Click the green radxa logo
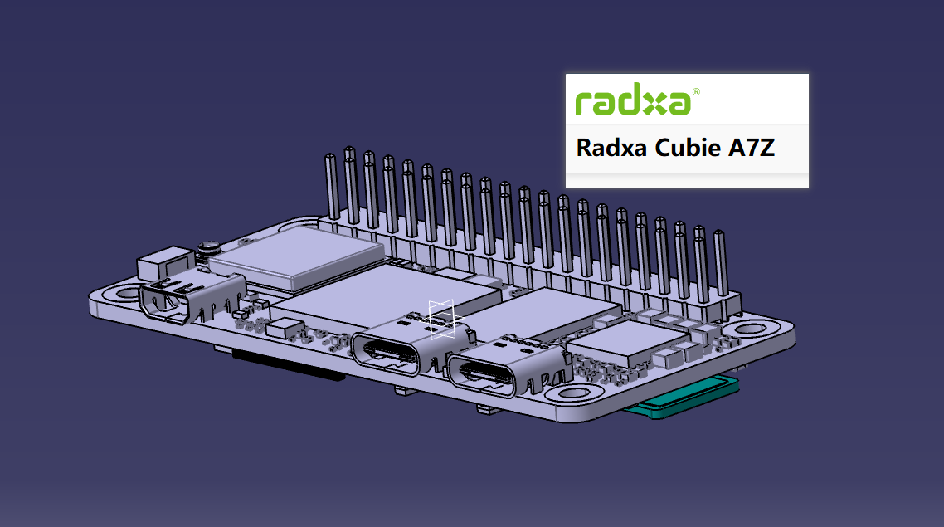633,102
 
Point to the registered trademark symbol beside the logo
695,92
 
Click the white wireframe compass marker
441,319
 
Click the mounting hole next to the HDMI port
127,292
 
